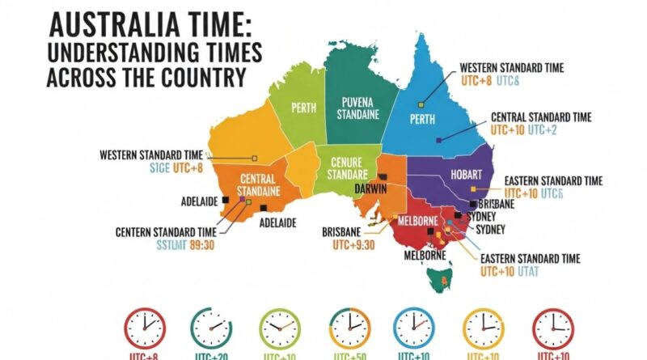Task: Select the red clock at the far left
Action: click(144, 328)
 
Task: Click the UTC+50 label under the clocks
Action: click(349, 355)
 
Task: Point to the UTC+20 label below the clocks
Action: click(211, 355)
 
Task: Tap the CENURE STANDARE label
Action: click(345, 167)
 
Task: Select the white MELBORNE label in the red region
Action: click(417, 221)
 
